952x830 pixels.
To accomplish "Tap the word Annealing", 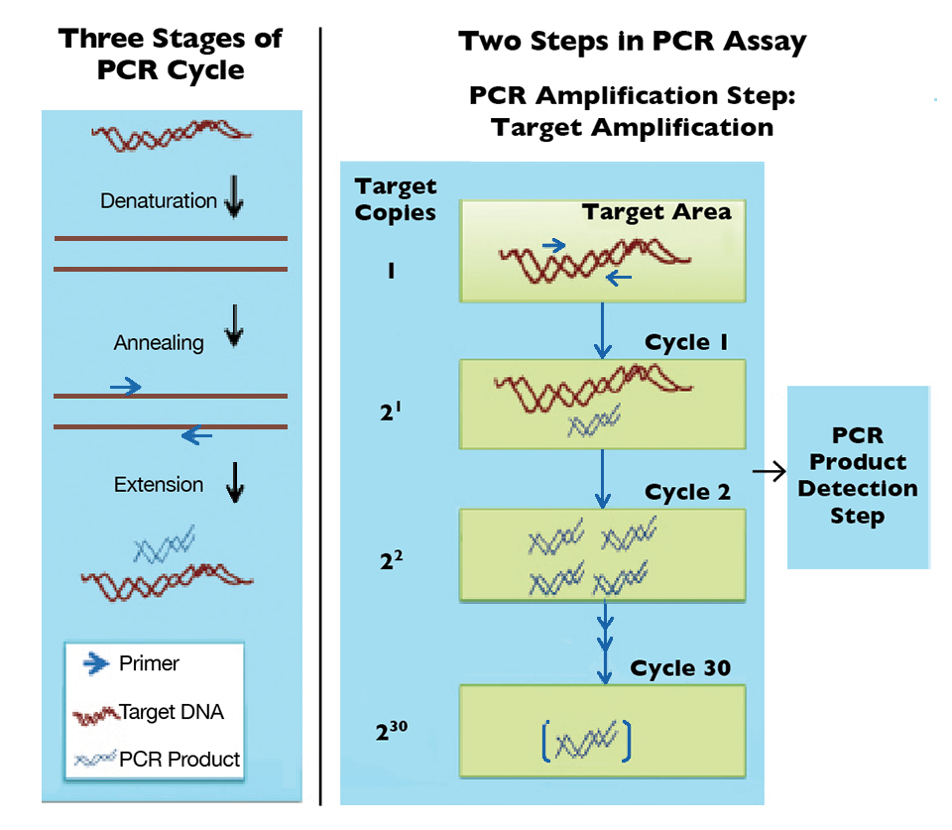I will click(x=159, y=343).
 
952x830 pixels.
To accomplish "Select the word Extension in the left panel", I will click(x=159, y=485).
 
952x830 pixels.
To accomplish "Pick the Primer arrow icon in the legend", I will click(x=95, y=663).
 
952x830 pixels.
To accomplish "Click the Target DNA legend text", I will click(x=172, y=712).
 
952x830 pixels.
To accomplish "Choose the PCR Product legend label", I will click(x=179, y=760).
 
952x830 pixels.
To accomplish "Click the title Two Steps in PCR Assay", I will click(x=632, y=43).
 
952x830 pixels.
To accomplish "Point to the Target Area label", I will click(x=656, y=212).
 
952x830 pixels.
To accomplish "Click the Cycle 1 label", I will click(x=686, y=343).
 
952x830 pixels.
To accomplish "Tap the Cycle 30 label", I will click(x=680, y=667).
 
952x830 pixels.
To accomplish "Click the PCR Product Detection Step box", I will click(x=858, y=476).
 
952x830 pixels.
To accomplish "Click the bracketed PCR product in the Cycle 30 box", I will click(x=586, y=741).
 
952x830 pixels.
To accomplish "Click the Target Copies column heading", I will click(x=396, y=198).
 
